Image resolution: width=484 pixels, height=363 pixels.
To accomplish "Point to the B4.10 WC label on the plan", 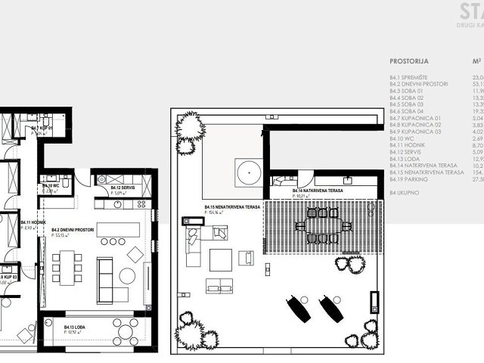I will point(51,186).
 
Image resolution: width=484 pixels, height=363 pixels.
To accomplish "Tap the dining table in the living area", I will point(67,266).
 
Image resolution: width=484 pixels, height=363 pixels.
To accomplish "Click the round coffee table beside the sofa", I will point(126,276).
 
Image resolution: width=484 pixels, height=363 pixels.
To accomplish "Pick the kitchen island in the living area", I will point(118,229).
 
